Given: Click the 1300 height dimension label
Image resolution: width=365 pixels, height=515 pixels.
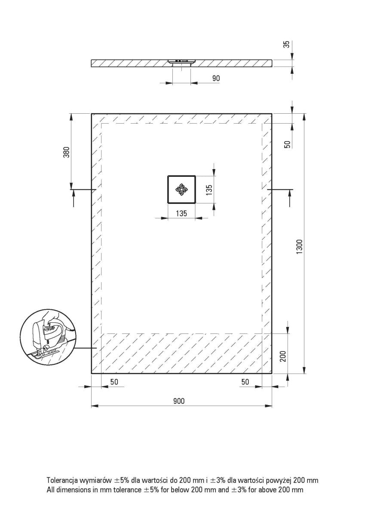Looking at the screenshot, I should tap(300, 247).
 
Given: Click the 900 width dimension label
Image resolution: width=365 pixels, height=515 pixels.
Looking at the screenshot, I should tap(179, 401).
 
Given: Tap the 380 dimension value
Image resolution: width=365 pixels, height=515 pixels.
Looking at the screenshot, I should tap(66, 152).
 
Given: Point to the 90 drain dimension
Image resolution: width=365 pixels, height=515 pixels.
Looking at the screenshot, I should tap(216, 78).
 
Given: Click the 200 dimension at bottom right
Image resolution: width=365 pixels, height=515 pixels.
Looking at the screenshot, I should tap(283, 356).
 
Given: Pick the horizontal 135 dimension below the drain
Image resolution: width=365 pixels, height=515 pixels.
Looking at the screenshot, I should tap(181, 213).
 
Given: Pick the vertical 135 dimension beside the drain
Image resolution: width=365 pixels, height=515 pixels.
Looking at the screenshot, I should tap(209, 190).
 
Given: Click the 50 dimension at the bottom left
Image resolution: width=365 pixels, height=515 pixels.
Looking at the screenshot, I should tap(114, 382).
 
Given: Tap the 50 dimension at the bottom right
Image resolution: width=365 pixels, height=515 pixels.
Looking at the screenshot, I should tap(245, 382).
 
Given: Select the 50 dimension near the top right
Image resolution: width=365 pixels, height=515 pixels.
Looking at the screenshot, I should tap(287, 144).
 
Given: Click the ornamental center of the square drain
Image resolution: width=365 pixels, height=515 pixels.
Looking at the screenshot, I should tap(181, 189).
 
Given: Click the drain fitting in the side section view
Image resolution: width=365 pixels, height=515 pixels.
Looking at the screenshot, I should tap(181, 63).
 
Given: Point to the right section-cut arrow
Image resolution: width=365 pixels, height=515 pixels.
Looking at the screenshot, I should tap(289, 198).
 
